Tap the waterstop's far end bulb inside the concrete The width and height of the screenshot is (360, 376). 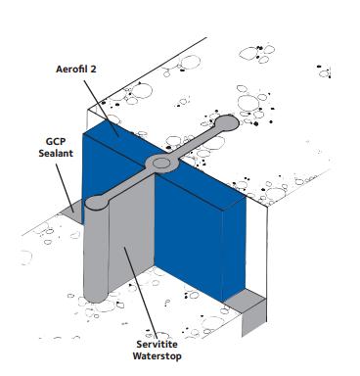click(x=228, y=124)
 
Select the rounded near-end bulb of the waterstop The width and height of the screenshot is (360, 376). click(x=97, y=203)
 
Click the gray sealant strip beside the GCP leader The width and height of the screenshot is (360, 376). click(x=71, y=210)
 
